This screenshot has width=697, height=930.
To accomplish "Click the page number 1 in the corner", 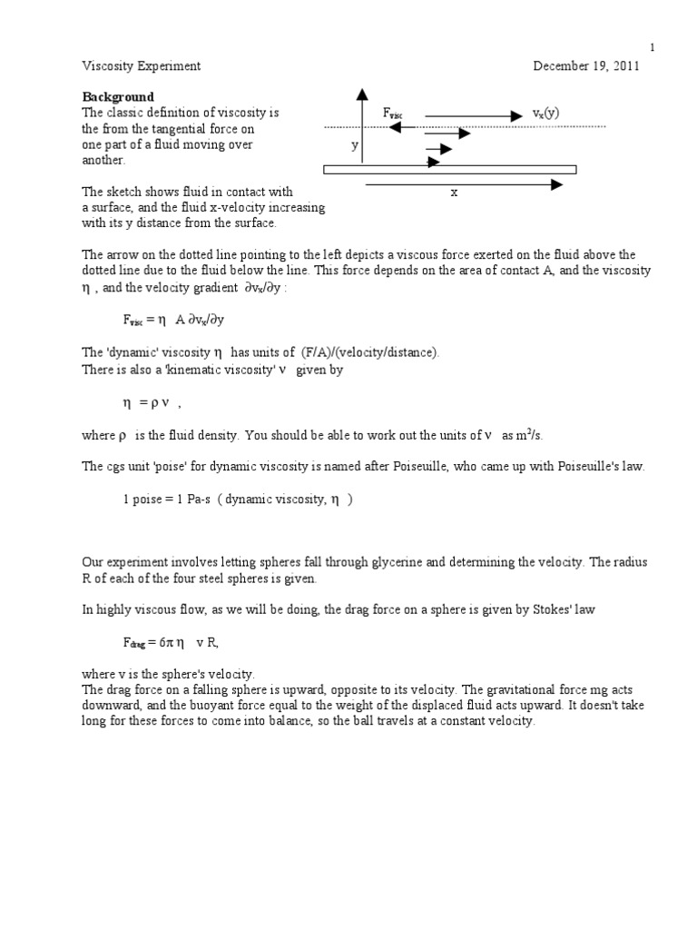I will coord(651,47).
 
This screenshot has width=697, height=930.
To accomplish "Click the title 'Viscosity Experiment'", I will coord(141,66).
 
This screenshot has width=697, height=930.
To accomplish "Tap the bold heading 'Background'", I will coord(119,97).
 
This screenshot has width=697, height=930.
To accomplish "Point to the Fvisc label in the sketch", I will coord(393,114).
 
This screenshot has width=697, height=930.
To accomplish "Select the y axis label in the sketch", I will coord(355,144).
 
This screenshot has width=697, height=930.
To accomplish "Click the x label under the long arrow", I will coord(454,193).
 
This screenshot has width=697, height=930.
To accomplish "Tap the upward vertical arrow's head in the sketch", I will coord(362,94).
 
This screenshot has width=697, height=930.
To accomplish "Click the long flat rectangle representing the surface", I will coord(450,169).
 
